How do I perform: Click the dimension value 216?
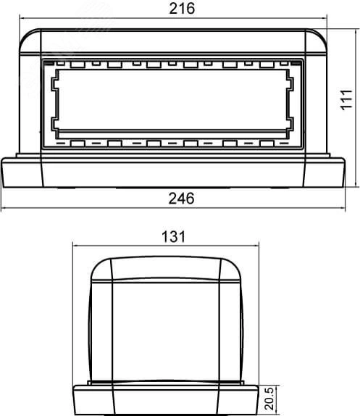coord(182,9)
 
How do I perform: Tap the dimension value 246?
coord(182,199)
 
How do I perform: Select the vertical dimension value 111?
coord(347,99)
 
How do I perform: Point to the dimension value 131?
coord(174,236)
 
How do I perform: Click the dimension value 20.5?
coord(269,398)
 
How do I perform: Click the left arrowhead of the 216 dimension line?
coord(22,18)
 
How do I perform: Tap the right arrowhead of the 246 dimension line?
coord(343,208)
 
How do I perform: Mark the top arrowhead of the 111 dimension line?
coord(355,32)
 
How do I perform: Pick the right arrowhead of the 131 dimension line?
coord(256,246)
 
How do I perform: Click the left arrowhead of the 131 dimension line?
coord(76,246)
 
